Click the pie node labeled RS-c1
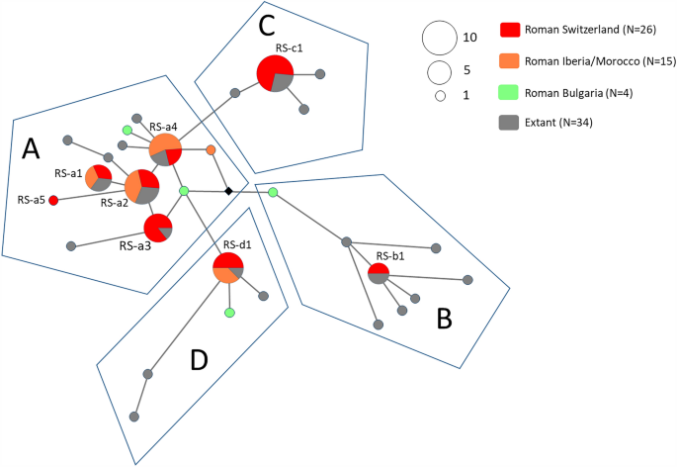[275, 74]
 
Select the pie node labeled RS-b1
[379, 273]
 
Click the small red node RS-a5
[53, 201]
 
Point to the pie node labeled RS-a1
[98, 178]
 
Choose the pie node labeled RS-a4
[166, 150]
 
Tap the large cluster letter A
[32, 148]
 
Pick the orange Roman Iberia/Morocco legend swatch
[511, 61]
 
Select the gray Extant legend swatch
[511, 122]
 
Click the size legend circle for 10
[437, 39]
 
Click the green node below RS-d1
[229, 313]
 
